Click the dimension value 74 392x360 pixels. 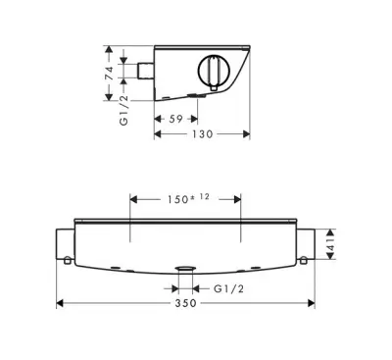click(x=110, y=74)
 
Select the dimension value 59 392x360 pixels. click(x=175, y=119)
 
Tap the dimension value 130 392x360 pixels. click(x=202, y=134)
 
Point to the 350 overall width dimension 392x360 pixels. click(x=185, y=303)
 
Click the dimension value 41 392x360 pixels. click(x=331, y=244)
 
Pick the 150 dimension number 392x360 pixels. click(x=177, y=199)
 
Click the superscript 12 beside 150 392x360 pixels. click(x=204, y=197)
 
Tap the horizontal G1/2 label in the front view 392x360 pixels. click(x=228, y=288)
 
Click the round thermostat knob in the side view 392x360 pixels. click(x=214, y=71)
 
